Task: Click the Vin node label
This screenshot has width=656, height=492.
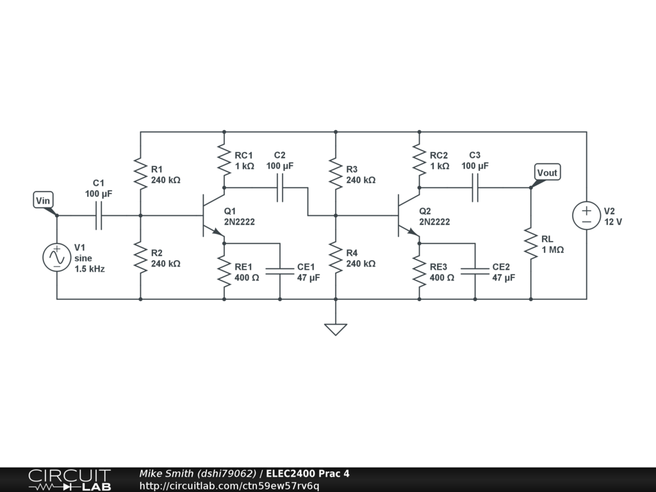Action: (x=42, y=201)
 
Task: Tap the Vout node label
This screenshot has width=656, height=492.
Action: (x=547, y=173)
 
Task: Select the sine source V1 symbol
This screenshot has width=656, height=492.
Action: (x=56, y=257)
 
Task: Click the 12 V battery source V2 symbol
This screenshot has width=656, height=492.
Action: (x=586, y=215)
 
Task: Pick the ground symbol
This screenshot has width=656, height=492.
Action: (x=335, y=329)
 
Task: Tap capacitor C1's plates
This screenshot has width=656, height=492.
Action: (x=99, y=215)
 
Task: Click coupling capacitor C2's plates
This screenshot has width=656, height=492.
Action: (x=280, y=188)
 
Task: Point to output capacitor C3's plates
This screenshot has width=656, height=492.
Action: (x=475, y=188)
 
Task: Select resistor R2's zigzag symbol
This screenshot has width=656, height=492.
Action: (x=140, y=258)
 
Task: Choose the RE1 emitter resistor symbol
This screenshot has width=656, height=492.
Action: (x=224, y=272)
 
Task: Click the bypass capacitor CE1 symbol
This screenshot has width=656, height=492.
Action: (x=280, y=272)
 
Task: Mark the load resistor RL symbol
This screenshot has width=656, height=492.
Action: (x=530, y=243)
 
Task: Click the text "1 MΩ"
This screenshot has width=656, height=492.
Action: (x=553, y=250)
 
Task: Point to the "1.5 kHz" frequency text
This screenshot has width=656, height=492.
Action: (x=89, y=269)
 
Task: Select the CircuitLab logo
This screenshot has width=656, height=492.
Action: (x=69, y=480)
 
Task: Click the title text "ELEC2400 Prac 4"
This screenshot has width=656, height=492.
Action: (x=308, y=474)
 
